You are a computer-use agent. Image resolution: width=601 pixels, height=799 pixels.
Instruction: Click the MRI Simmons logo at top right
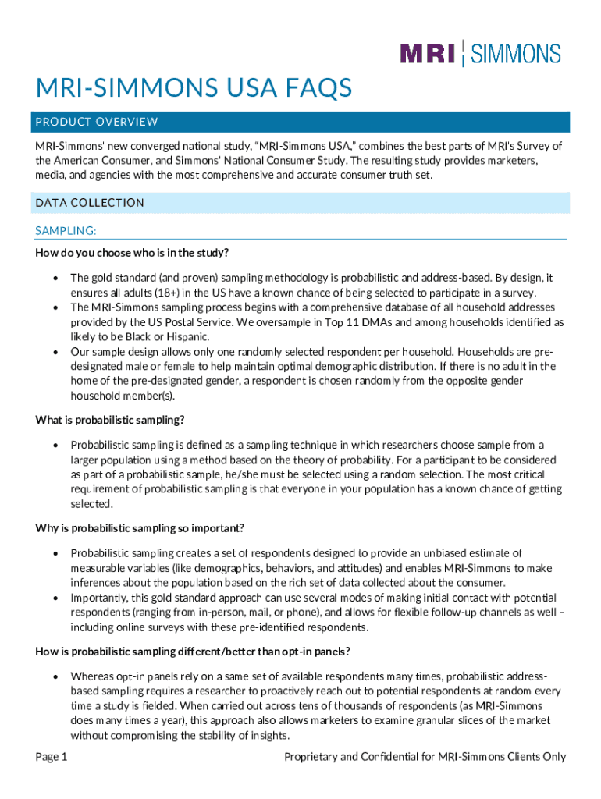pyautogui.click(x=480, y=53)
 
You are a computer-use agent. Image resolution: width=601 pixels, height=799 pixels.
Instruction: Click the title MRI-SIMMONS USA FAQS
pyautogui.click(x=194, y=87)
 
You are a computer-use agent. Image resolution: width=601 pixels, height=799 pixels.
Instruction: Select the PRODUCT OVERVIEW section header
pyautogui.click(x=97, y=122)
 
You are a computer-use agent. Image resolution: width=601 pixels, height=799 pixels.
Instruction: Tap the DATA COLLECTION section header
pyautogui.click(x=90, y=203)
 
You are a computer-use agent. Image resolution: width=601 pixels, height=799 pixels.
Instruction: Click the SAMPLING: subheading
pyautogui.click(x=66, y=231)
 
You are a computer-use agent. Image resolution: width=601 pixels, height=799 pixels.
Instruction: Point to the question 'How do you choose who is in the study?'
pyautogui.click(x=131, y=253)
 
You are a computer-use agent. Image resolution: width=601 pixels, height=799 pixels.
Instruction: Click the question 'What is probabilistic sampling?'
pyautogui.click(x=110, y=420)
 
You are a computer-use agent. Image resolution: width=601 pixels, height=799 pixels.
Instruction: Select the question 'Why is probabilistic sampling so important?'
pyautogui.click(x=140, y=527)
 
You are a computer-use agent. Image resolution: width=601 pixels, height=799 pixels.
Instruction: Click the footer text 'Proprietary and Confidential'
pyautogui.click(x=356, y=756)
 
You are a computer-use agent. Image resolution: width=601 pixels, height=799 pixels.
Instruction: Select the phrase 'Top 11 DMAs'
pyautogui.click(x=335, y=321)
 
